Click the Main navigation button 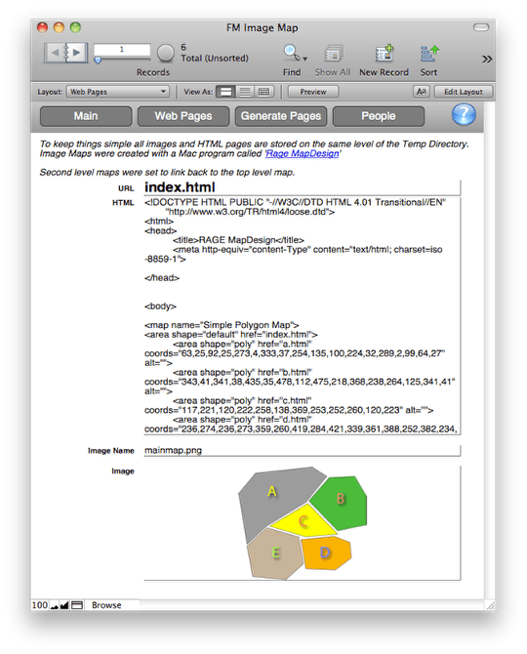[85, 116]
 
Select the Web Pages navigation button [182, 116]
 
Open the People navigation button [378, 116]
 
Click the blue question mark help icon [464, 115]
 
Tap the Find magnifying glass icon [291, 54]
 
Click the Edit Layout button [464, 92]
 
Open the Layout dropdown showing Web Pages [117, 92]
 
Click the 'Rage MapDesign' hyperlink [302, 153]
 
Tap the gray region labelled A [272, 493]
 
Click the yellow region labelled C [304, 521]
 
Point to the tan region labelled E [275, 553]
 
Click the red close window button [43, 27]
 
